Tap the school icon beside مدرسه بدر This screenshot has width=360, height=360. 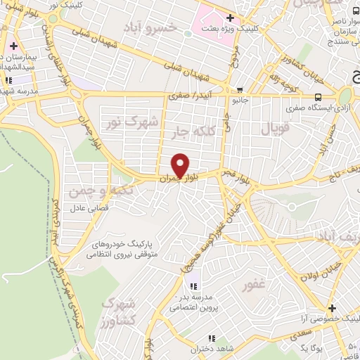click(x=195, y=286)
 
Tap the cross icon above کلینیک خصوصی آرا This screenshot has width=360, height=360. click(x=333, y=308)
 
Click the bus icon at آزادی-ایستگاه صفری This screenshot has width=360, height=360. click(x=319, y=97)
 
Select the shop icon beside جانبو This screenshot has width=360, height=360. click(x=241, y=89)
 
